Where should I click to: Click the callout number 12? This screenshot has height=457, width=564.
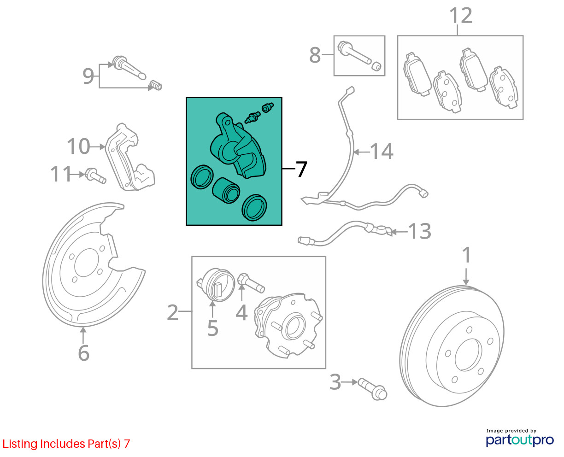click(461, 16)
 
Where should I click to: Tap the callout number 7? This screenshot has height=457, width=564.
click(301, 169)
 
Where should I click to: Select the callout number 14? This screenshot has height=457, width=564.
click(382, 151)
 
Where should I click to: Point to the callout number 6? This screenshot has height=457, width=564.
click(84, 353)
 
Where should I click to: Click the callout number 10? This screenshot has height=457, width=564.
click(79, 146)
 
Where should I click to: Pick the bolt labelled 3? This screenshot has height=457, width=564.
click(372, 389)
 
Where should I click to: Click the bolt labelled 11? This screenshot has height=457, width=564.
click(95, 176)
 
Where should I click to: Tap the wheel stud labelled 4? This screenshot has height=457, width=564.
click(251, 283)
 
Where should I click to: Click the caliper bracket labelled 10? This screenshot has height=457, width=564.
click(130, 157)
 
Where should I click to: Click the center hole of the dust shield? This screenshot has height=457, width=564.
click(87, 263)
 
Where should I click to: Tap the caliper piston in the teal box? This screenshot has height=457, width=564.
click(226, 190)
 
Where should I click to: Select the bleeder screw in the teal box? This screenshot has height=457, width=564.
click(253, 117)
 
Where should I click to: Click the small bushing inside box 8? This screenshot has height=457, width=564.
click(376, 66)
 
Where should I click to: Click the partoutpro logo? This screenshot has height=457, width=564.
click(519, 440)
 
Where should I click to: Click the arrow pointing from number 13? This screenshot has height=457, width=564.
click(399, 232)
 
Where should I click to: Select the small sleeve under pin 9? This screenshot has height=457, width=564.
click(156, 85)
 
